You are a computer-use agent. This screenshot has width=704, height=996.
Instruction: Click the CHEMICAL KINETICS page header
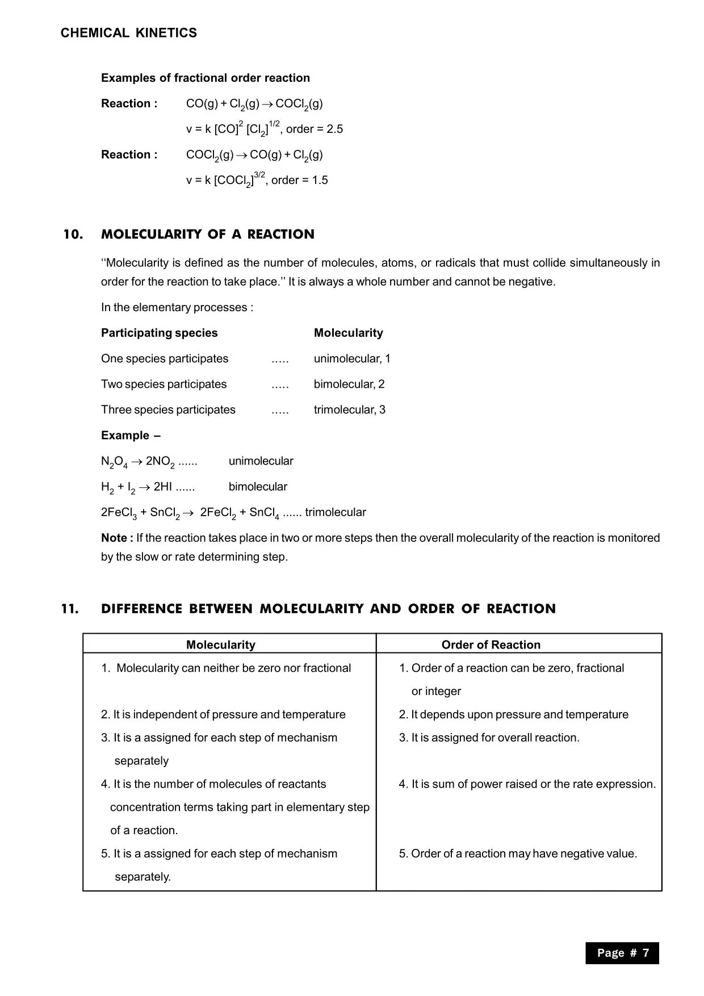(129, 33)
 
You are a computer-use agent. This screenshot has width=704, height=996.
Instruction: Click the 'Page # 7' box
(622, 953)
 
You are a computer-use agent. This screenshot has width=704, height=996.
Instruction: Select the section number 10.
(73, 235)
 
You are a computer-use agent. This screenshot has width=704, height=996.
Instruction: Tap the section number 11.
(70, 609)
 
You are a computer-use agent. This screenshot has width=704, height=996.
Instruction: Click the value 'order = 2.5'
(314, 129)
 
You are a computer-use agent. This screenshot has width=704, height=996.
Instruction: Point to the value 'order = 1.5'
(299, 180)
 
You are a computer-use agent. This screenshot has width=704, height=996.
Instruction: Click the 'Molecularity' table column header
(220, 645)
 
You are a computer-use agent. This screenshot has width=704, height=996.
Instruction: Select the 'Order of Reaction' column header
(491, 645)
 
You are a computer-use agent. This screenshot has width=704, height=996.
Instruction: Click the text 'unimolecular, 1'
(352, 359)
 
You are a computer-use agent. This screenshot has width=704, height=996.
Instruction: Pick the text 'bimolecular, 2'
(349, 384)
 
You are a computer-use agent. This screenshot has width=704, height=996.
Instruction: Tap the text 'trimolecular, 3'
(349, 410)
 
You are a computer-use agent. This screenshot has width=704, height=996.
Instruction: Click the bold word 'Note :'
(117, 538)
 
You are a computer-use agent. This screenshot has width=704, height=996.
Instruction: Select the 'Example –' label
(131, 436)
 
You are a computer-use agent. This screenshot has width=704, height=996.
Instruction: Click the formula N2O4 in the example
(114, 462)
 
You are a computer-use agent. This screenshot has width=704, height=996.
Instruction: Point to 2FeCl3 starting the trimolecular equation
(119, 513)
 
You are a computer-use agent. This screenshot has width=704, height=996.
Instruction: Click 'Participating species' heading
(159, 333)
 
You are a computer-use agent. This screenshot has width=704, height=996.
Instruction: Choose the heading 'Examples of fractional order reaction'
(206, 78)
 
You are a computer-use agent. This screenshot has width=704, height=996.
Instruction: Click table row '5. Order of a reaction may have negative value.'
(518, 853)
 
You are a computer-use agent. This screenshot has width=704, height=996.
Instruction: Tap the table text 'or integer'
(436, 691)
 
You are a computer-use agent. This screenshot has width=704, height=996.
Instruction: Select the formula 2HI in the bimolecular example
(162, 487)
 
